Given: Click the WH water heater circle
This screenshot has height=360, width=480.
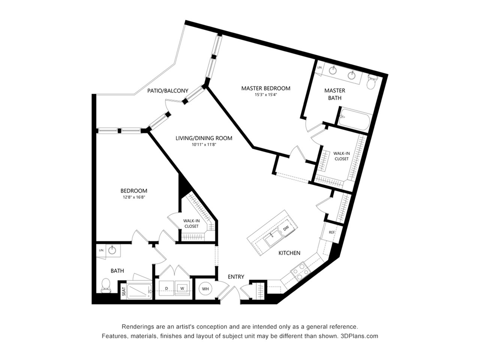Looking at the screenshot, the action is click(x=205, y=289).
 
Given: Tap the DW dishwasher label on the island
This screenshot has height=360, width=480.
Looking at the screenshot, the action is click(x=286, y=228).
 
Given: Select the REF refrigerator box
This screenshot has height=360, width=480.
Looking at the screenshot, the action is click(x=331, y=232).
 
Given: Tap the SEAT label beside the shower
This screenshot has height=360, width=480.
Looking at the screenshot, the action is click(x=124, y=291).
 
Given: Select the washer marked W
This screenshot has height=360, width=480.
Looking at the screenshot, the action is click(x=182, y=288).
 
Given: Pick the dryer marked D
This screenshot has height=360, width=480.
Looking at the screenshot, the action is click(x=166, y=288).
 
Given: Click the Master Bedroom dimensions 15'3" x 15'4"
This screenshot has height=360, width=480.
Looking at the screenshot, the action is click(x=266, y=95).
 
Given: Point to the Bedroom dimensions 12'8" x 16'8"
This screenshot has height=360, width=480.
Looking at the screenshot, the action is click(x=134, y=197).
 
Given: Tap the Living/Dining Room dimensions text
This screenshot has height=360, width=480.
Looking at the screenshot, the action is click(x=204, y=144).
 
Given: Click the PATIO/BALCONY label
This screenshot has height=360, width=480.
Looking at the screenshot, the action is click(x=168, y=90).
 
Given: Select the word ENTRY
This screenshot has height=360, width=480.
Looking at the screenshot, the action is click(x=236, y=277).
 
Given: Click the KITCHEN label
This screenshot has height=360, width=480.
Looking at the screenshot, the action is click(x=289, y=253).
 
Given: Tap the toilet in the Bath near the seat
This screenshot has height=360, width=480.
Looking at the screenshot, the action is click(x=106, y=285).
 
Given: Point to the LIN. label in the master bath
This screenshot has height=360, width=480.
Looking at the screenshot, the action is click(x=320, y=67).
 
